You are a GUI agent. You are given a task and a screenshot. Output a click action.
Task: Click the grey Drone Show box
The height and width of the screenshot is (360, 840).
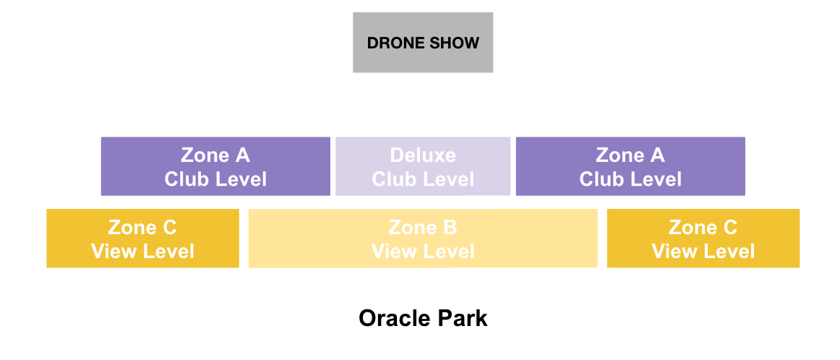tap(423, 43)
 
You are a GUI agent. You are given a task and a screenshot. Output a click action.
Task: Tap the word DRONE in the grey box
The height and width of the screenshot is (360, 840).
tap(392, 43)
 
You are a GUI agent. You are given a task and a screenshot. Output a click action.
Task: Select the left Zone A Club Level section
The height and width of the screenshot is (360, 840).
tap(215, 166)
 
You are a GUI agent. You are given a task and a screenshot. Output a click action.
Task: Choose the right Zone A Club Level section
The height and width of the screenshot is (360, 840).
tap(630, 166)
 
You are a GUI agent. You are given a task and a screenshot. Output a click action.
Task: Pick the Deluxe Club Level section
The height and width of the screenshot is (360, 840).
tap(423, 166)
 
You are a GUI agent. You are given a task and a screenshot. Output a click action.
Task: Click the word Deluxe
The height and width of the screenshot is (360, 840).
tap(423, 155)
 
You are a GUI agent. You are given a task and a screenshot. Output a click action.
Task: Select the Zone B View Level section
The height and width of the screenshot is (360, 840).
tap(423, 238)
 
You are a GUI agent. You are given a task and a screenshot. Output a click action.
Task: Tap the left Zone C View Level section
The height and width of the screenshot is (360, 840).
tap(142, 238)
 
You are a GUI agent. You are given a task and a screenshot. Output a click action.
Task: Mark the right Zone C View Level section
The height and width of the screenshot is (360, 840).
tap(703, 238)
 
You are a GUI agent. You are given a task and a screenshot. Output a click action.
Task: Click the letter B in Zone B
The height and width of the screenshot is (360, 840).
tap(450, 227)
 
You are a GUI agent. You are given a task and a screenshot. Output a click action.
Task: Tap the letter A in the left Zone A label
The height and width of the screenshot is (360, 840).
tap(242, 155)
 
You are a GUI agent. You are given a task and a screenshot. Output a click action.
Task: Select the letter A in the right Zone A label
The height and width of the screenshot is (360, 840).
tap(657, 155)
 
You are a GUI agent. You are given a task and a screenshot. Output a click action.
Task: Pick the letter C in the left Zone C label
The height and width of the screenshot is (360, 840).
tap(168, 227)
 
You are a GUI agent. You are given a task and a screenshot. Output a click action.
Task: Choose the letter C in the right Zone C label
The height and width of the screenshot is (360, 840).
tap(729, 227)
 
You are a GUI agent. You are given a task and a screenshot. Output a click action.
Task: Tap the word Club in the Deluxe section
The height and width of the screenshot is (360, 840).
tap(392, 179)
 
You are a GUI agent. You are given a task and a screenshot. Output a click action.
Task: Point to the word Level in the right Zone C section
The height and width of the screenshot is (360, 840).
tap(729, 251)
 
